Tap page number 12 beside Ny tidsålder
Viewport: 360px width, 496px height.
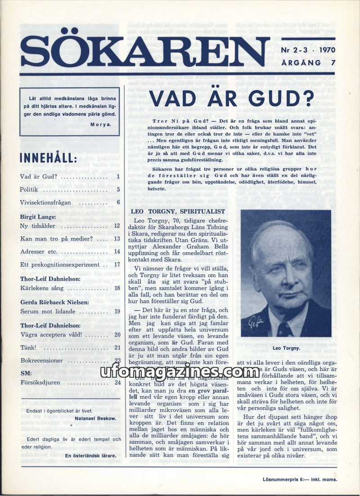(x=117, y=226)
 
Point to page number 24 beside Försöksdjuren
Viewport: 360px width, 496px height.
(x=117, y=383)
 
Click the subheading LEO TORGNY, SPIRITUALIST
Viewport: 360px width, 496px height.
(x=177, y=210)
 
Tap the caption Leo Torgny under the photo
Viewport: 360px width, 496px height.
(x=286, y=349)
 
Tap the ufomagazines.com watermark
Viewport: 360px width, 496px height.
(x=180, y=372)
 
